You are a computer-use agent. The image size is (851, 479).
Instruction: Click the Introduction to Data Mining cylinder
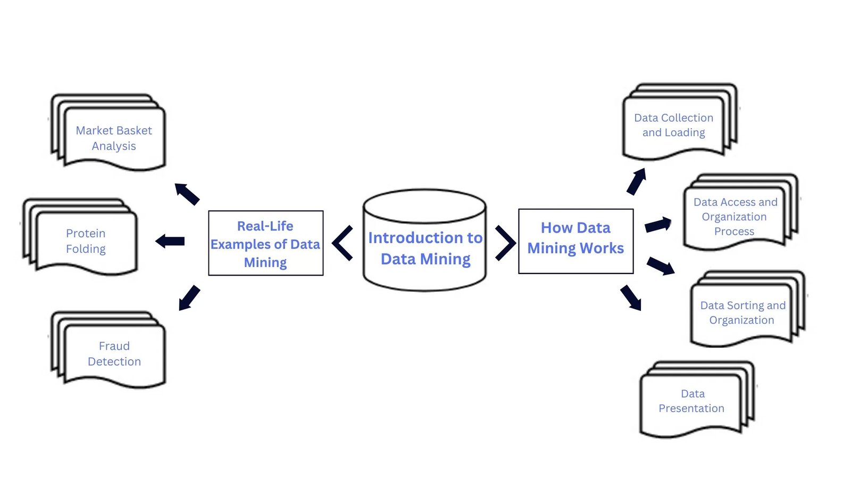click(424, 248)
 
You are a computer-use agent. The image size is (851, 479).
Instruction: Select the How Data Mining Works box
click(575, 241)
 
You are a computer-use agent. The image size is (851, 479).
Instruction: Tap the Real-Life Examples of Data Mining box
click(265, 243)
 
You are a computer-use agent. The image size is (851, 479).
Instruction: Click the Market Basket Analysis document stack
click(113, 138)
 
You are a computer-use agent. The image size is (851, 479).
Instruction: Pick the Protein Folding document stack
click(85, 241)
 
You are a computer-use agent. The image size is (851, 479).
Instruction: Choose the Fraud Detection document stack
click(114, 353)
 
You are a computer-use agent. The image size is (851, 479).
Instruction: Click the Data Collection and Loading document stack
click(673, 125)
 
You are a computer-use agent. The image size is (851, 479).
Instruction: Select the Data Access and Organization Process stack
click(735, 217)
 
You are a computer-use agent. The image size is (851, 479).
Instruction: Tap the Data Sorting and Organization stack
click(742, 313)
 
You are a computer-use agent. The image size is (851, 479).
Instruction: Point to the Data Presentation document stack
click(691, 401)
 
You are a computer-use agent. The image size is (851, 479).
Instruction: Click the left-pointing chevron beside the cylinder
click(343, 243)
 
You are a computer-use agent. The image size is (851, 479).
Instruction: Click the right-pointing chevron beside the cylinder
click(505, 243)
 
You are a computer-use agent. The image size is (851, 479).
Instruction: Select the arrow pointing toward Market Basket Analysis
click(187, 194)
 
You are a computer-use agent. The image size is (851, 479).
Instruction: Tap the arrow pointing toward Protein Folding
click(170, 241)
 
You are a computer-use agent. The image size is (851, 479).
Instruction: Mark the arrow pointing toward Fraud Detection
click(189, 298)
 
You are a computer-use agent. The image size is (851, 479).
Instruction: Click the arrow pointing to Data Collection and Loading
click(636, 181)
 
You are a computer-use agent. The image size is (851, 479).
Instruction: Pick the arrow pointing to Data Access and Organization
click(658, 225)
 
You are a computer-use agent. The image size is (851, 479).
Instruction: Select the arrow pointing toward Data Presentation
click(631, 298)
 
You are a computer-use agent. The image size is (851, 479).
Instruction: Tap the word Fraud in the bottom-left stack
click(114, 346)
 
